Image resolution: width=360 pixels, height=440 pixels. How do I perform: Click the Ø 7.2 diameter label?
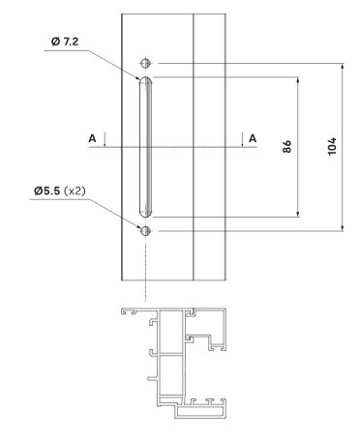click(x=65, y=42)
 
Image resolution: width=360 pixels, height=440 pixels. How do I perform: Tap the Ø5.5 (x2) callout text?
click(x=60, y=191)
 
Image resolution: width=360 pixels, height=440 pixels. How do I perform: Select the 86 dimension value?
click(x=286, y=146)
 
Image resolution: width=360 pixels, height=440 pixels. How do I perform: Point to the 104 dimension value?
click(x=332, y=146)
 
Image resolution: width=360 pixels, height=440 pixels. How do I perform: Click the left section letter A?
click(x=92, y=138)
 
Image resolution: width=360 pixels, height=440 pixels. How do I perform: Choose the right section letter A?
click(x=253, y=138)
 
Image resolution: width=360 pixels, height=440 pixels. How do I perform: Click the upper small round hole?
click(x=146, y=63)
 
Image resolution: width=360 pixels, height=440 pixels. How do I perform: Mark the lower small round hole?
click(x=146, y=231)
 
